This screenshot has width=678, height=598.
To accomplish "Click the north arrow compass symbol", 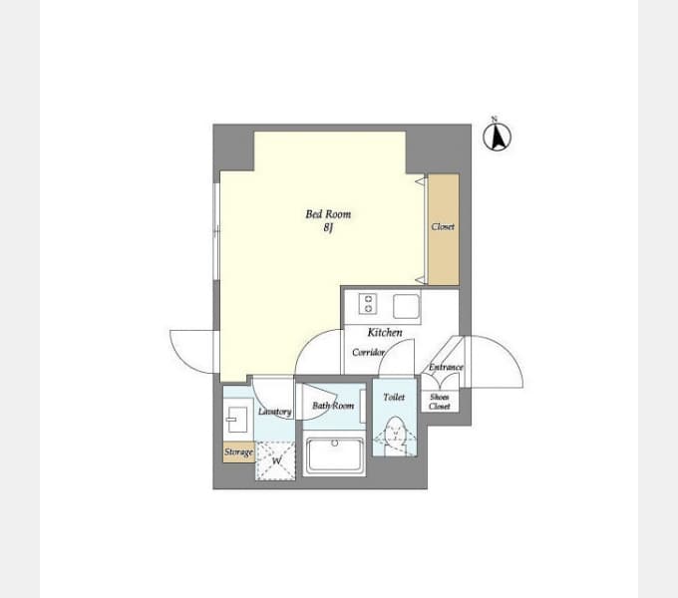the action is coord(497,136).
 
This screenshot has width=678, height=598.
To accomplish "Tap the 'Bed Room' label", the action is coord(328,214).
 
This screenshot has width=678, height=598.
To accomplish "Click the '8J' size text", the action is coord(328,227).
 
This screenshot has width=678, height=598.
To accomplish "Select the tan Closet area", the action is coord(444,229).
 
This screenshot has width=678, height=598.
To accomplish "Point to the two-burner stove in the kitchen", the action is coord(368,303).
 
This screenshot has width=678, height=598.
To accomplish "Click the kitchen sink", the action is coord(406,306).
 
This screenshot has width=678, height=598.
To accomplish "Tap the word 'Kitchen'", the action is coord(385,332).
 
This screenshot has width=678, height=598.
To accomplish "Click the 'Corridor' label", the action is coord(368,352).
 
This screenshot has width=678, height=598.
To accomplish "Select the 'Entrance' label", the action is coord(446,367).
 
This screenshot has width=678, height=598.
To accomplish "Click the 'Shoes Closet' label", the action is coord(440,402).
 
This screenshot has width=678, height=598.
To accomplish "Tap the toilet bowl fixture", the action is coord(395,435).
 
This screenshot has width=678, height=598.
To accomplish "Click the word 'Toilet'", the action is coord(394,397).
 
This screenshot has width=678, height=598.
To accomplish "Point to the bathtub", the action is coord(334,455).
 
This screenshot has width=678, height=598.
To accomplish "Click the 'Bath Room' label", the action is coord(333,406).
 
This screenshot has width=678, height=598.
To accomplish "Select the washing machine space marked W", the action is coord(275,460).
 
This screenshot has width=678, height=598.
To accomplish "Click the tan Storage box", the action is coord(238,452).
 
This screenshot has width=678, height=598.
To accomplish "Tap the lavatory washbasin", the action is coord(235,420).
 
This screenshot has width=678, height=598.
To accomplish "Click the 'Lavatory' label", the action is coord(274,412).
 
